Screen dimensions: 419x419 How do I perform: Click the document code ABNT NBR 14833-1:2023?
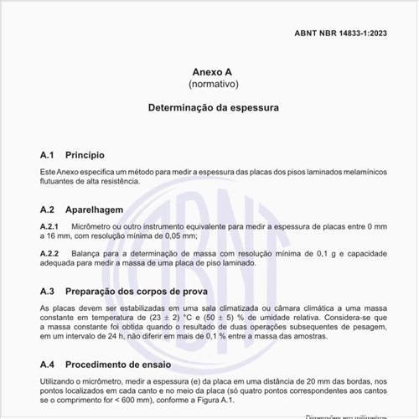coord(341,34)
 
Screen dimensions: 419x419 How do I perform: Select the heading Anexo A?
coord(209,72)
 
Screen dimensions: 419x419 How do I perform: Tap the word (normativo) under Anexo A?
coord(209,85)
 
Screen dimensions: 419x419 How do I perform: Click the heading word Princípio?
coord(85,155)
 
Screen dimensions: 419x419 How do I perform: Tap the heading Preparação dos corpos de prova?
coord(135,291)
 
